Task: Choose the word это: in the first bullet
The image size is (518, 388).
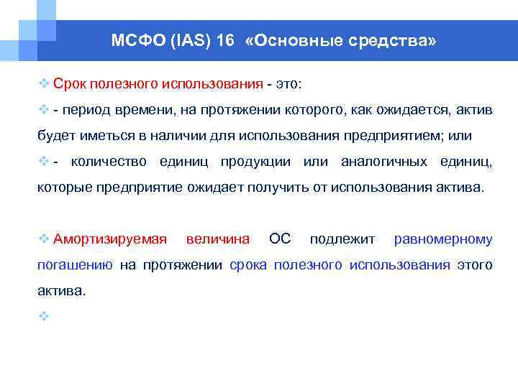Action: pos(289,84)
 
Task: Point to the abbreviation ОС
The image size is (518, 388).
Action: pos(280,239)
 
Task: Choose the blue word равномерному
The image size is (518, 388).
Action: pos(443,239)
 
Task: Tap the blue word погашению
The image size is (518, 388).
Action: pos(75,265)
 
